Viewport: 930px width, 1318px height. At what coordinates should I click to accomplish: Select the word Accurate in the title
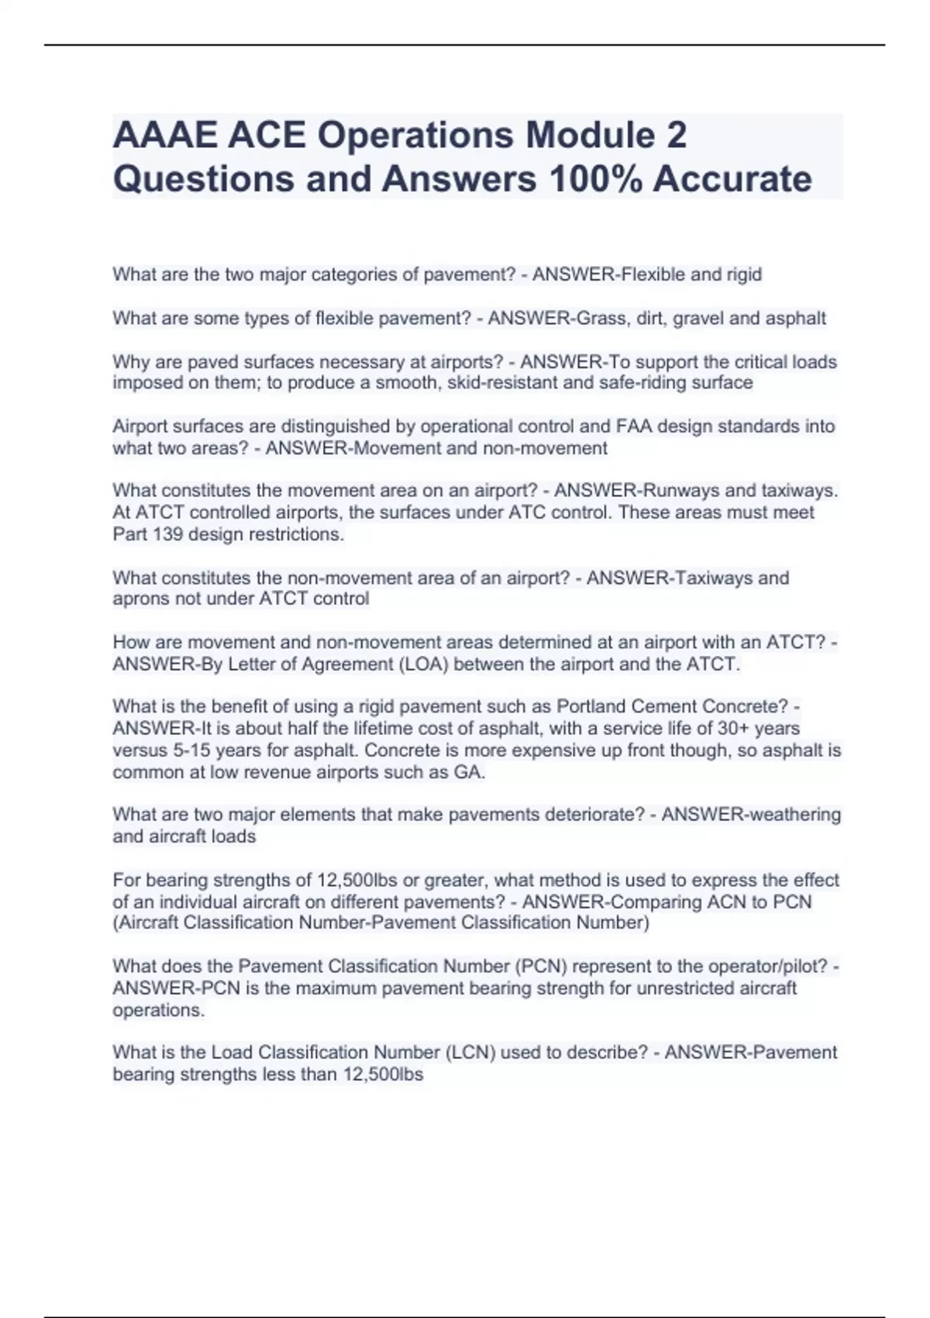tap(732, 179)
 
